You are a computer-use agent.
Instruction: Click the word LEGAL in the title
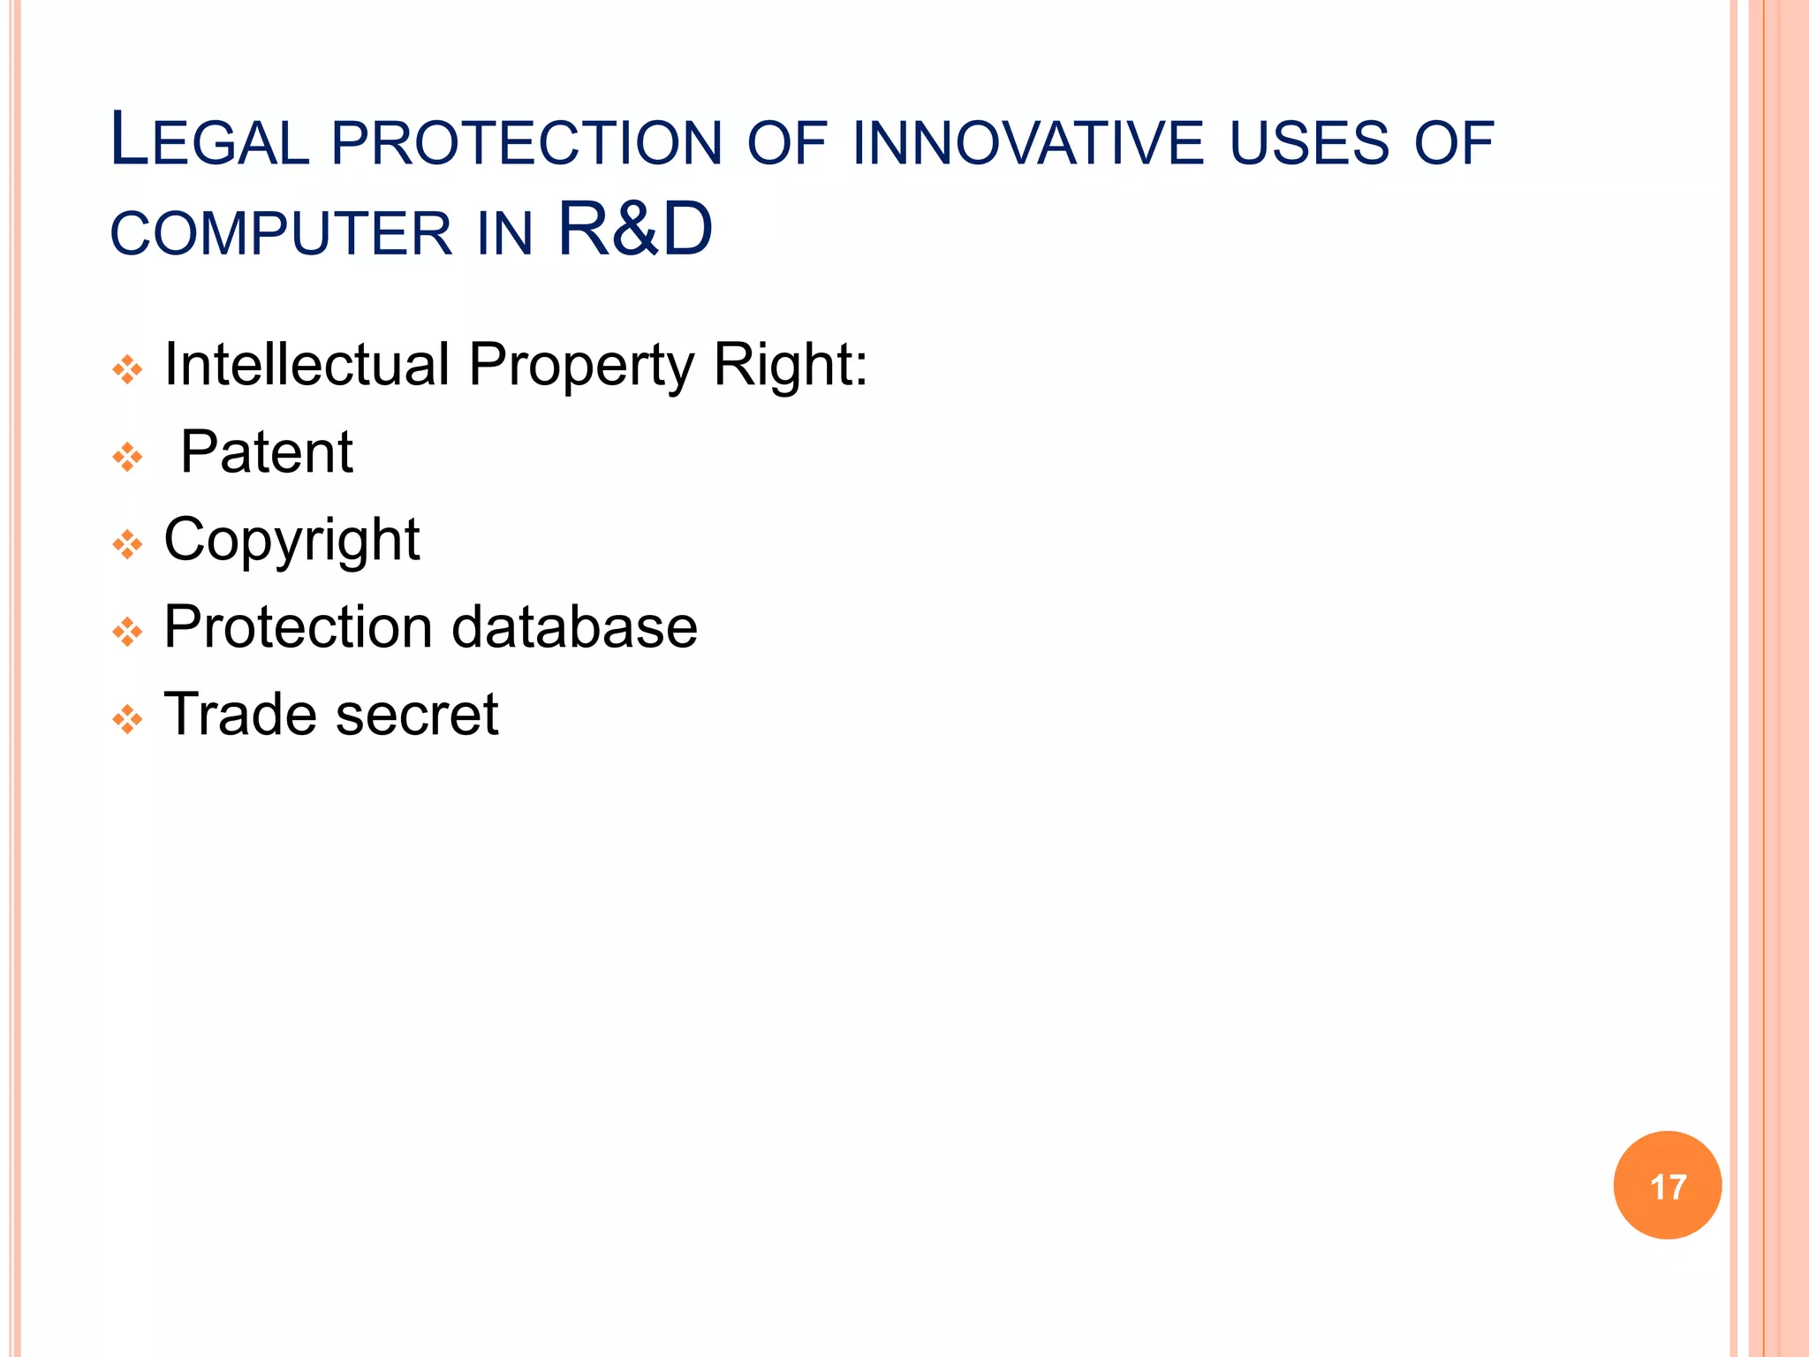click(209, 141)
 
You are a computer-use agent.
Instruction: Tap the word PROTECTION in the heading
click(527, 143)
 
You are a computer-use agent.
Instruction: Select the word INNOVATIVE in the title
click(1028, 143)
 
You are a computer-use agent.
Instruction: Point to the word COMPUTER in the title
click(281, 234)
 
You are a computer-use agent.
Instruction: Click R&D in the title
click(635, 230)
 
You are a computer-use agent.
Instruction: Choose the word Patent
click(266, 452)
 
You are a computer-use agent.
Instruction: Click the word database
click(574, 627)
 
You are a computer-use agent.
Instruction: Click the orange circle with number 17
click(1667, 1186)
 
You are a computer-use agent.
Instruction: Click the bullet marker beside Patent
click(128, 457)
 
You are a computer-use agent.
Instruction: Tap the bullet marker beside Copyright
click(128, 544)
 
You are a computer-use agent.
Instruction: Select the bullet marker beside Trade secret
click(128, 719)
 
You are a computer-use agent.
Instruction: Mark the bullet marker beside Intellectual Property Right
click(128, 369)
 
